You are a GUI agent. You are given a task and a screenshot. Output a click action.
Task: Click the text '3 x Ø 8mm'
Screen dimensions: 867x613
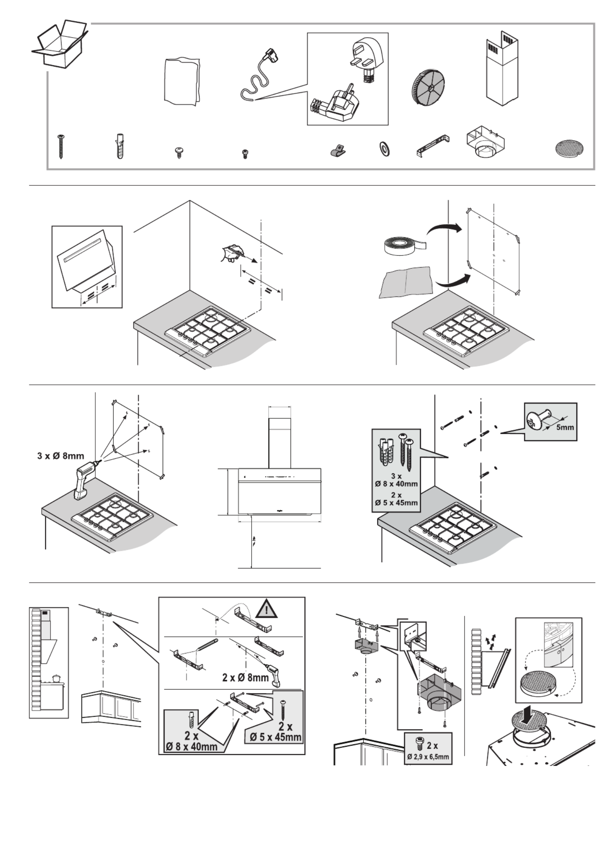[x=61, y=456]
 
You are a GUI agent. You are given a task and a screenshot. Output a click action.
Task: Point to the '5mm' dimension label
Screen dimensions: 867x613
[x=564, y=427]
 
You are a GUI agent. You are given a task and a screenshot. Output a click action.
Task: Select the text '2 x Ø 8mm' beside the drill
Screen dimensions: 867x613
[x=245, y=677]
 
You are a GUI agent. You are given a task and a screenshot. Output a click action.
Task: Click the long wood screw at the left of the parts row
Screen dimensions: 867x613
[x=62, y=146]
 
